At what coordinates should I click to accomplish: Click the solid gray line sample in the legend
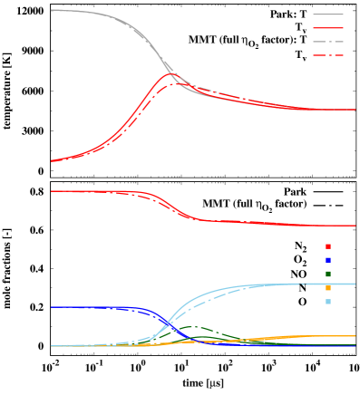point(328,14)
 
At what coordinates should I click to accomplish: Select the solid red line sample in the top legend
point(328,28)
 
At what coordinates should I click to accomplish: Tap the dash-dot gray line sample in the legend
point(328,42)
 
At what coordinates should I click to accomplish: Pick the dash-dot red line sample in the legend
point(328,55)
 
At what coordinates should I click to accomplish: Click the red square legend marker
point(327,246)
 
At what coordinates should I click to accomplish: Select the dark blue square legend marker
point(327,260)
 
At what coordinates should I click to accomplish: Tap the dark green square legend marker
point(327,274)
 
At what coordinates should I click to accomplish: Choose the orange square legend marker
point(327,288)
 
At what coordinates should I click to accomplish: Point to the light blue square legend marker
point(327,302)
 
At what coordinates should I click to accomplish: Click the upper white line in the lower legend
point(328,218)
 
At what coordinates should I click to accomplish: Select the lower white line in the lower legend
point(328,232)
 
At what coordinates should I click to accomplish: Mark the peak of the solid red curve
point(170,73)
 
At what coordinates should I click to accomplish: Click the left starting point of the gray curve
point(52,10)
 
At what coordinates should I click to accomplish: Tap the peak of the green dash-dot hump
point(193,327)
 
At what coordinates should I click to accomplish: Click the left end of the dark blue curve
point(52,307)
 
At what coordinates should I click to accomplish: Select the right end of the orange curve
point(355,336)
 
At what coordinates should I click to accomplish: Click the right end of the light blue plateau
point(355,284)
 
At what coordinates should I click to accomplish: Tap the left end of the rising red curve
point(52,161)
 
